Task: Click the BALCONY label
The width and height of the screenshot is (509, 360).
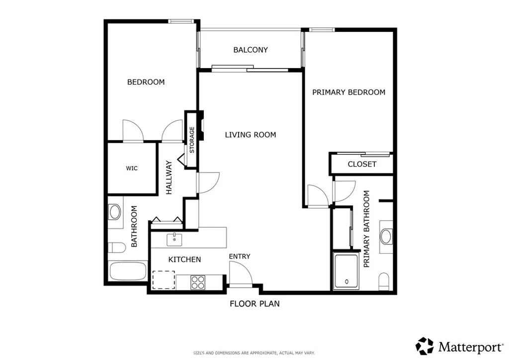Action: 251,50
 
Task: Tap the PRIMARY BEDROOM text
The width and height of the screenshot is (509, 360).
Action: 348,92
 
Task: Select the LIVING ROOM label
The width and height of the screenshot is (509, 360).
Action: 250,135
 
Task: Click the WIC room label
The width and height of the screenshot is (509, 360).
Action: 132,168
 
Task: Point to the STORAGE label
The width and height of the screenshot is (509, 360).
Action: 192,140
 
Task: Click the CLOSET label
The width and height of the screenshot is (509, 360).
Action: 362,164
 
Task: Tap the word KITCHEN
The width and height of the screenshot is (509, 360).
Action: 184,259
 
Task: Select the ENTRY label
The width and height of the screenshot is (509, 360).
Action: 240,256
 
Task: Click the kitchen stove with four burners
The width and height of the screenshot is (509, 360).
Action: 198,282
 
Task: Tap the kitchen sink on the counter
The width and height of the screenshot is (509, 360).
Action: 174,239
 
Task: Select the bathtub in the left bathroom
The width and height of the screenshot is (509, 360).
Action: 128,271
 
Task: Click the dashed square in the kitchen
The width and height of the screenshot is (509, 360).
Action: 164,279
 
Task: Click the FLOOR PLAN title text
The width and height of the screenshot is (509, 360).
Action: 254,303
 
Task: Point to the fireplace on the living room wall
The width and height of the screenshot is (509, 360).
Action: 201,127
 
